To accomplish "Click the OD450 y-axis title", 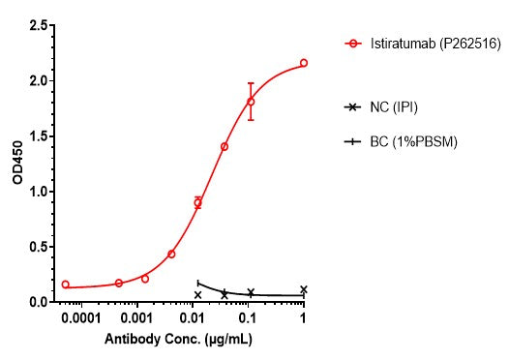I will coord(14,163).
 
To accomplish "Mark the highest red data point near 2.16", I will coord(304,63).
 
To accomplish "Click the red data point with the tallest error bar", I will coord(251,102).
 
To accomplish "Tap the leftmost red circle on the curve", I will coord(65,285).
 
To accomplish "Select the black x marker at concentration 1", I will coord(304,289).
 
